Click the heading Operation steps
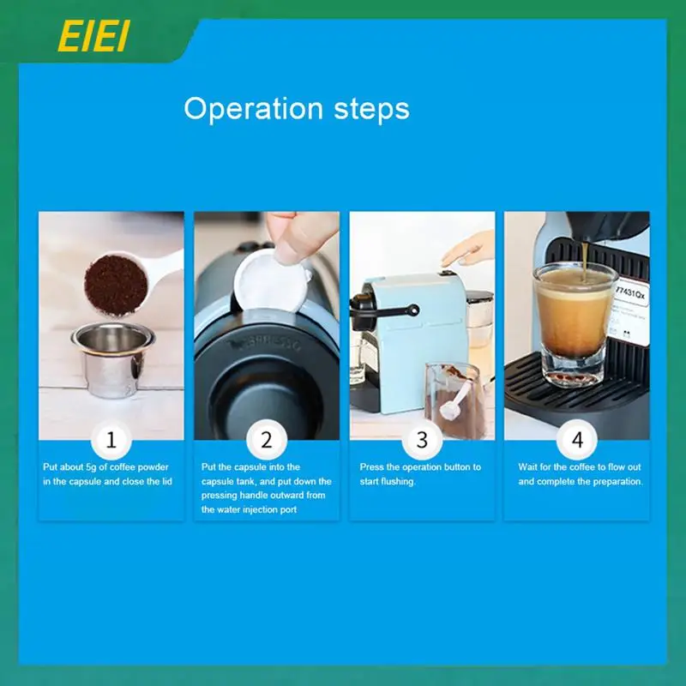(x=297, y=109)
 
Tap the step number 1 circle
(x=111, y=441)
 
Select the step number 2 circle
(x=267, y=441)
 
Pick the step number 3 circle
(x=422, y=441)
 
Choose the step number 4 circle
(x=577, y=441)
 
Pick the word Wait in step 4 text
(x=528, y=467)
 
